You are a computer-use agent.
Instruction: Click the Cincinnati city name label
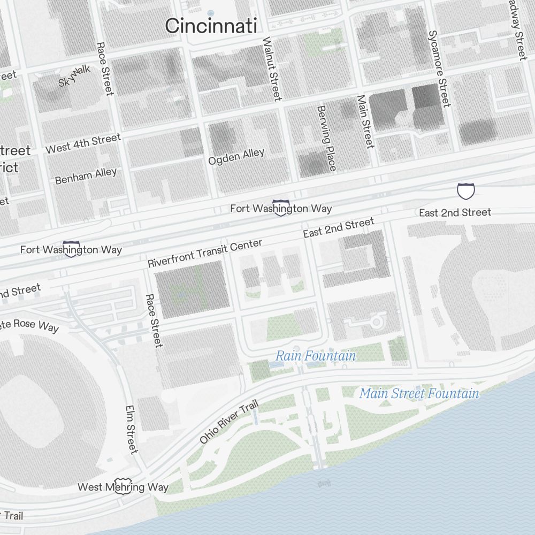click(211, 26)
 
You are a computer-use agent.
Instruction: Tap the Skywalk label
click(74, 76)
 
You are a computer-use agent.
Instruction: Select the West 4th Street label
click(83, 143)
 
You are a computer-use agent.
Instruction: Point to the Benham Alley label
click(86, 176)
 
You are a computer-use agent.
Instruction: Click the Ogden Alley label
click(236, 157)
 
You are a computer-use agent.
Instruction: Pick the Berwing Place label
click(326, 138)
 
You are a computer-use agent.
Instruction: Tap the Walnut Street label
click(271, 68)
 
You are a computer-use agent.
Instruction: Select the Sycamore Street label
click(439, 68)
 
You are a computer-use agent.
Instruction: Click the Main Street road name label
click(365, 121)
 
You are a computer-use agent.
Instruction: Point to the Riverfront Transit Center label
click(205, 253)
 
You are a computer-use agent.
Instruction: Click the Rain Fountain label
click(315, 356)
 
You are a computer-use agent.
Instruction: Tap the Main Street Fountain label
click(419, 394)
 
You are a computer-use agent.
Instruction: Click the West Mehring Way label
click(123, 487)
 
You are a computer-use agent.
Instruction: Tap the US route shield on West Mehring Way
click(123, 487)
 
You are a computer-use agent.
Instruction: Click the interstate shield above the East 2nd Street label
click(465, 191)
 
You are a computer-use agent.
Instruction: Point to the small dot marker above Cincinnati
click(210, 12)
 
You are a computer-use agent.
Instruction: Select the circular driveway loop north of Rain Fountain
click(376, 322)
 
